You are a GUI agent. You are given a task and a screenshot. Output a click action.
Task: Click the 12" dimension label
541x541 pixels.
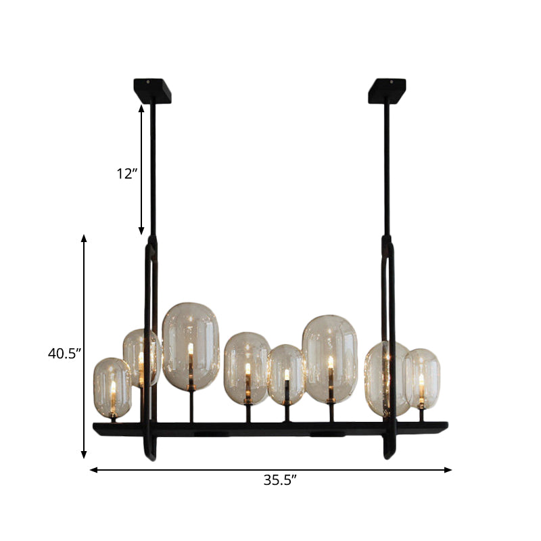coord(126,174)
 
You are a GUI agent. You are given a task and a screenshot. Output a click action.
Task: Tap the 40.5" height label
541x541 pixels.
coord(64,352)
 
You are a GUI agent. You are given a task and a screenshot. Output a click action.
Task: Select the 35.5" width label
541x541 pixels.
coord(280,481)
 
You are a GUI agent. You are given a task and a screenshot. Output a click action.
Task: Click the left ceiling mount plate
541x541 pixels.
coord(152,90)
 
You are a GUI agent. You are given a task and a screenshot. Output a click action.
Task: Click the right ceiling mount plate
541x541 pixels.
coord(387,90)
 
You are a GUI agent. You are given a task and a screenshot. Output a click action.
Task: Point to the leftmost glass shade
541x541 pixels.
coord(112,387)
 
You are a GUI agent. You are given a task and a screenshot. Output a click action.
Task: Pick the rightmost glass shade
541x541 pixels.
coord(421,379)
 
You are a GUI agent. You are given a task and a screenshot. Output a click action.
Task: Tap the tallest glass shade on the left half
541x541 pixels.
coord(191,346)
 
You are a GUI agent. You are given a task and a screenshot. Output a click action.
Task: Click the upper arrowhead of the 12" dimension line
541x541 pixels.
coord(141,107)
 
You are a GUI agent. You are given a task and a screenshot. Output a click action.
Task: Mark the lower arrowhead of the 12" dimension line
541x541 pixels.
coord(141,231)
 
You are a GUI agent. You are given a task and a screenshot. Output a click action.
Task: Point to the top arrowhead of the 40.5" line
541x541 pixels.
coord(84,238)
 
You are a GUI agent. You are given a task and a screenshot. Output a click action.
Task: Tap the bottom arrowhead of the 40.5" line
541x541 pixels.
coord(84,456)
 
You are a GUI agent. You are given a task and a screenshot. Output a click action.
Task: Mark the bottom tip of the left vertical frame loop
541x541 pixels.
coord(151,457)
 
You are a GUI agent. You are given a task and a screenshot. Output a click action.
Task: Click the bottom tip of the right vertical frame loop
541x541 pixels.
coord(388,456)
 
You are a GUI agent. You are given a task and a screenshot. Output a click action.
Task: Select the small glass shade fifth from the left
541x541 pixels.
coord(285,374)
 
